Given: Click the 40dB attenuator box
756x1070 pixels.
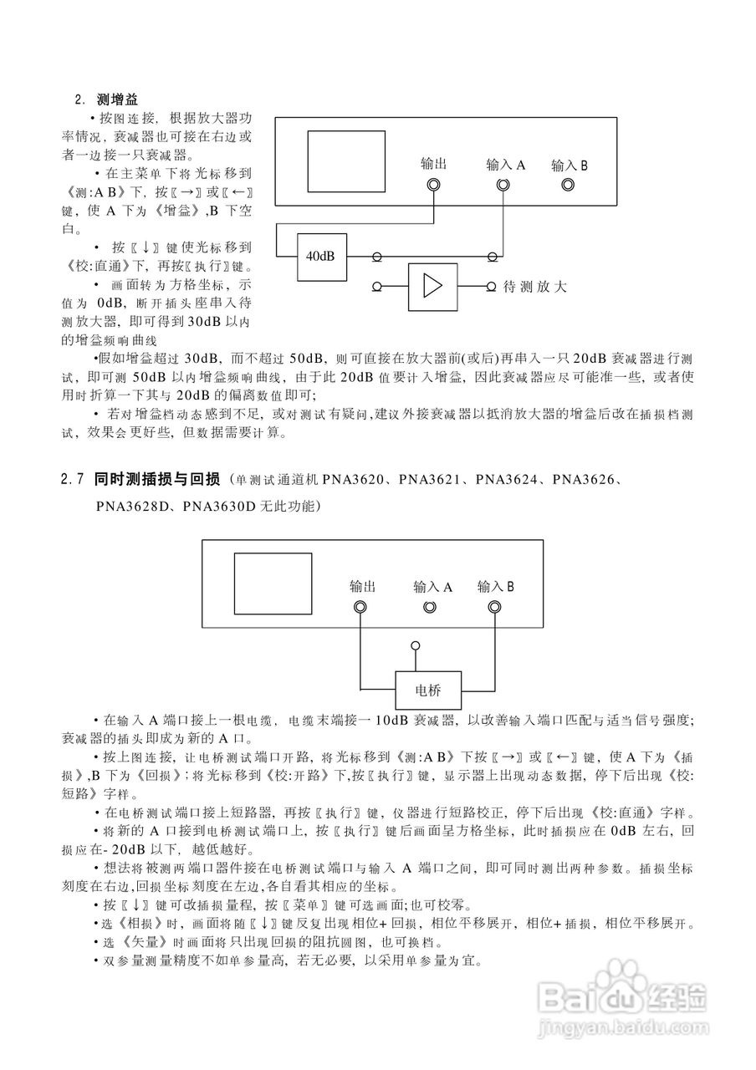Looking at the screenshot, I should click(x=321, y=255).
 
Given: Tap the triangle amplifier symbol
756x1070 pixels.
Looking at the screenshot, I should click(x=433, y=287).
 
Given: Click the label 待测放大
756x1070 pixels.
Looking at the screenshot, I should click(x=535, y=287).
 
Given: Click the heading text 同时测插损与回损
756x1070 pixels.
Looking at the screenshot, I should click(x=157, y=480).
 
